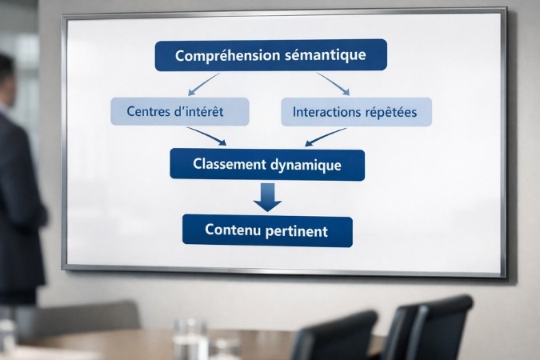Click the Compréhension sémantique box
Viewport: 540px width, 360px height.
click(270, 55)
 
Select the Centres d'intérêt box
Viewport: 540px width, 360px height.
click(180, 112)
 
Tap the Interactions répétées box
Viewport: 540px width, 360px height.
click(356, 112)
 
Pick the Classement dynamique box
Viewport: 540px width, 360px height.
click(267, 165)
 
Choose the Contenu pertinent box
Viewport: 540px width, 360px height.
click(267, 230)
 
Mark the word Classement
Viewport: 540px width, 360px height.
click(229, 165)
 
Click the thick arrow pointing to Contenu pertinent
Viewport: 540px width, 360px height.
click(267, 197)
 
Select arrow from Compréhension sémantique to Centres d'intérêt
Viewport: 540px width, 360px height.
click(202, 84)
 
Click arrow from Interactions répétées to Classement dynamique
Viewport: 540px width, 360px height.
click(326, 137)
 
